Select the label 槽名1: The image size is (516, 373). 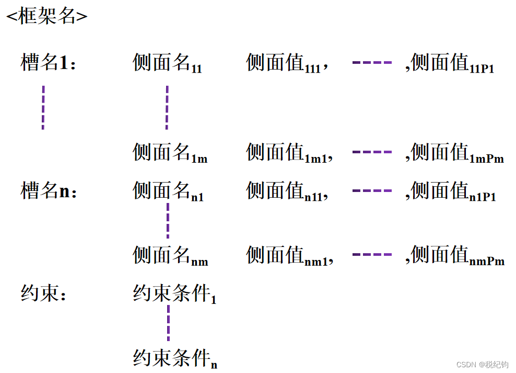click(49, 63)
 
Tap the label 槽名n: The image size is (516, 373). click(49, 191)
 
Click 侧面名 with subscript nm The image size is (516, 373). click(170, 256)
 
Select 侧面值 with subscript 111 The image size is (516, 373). click(287, 64)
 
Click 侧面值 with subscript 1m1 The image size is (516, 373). click(289, 153)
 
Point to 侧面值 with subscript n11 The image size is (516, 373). click(287, 191)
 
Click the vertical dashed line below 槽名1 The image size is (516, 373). click(43, 107)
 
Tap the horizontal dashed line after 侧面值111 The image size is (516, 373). click(372, 63)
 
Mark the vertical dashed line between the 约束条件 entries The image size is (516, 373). click(168, 323)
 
